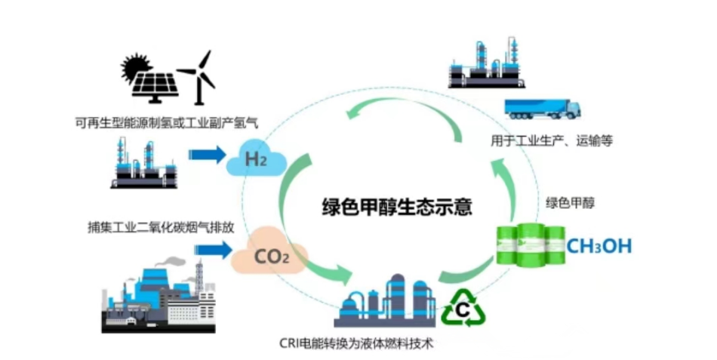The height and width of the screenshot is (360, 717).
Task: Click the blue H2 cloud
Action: (258, 158)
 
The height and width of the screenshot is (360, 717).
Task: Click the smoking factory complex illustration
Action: (158, 294)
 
